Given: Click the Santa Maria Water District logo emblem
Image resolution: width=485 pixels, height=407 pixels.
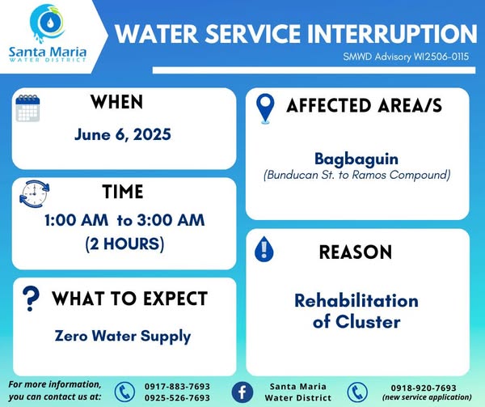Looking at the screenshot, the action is (48, 23).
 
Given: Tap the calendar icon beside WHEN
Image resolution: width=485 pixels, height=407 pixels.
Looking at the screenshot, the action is (27, 108).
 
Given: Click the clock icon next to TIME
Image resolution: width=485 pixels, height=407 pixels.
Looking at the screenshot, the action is (34, 194).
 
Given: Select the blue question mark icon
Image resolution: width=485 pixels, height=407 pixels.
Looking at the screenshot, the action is (31, 299).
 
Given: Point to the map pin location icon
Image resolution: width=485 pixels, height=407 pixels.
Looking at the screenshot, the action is (265, 108).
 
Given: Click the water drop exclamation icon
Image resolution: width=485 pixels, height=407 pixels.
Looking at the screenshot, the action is (264, 249).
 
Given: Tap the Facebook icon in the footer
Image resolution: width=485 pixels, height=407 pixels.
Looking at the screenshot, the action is (242, 392).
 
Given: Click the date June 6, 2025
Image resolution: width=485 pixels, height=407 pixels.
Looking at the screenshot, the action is (123, 134).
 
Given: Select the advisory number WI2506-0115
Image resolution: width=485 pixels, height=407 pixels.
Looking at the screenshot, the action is (441, 57).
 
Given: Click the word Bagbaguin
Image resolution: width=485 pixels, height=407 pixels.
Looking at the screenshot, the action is (356, 159).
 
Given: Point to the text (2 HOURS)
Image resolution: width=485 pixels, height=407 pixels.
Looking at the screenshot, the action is (124, 244).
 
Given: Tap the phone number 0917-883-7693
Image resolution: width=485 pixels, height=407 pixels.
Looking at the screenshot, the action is (178, 386).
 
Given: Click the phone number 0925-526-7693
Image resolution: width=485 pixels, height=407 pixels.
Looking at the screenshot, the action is (178, 397).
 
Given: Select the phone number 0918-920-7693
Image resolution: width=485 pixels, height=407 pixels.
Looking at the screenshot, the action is (424, 388).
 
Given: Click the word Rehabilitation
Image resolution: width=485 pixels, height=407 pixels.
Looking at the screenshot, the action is (356, 300).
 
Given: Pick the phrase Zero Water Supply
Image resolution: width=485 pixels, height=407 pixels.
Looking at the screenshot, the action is (123, 337).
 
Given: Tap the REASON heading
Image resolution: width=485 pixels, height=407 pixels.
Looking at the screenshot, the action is (356, 252).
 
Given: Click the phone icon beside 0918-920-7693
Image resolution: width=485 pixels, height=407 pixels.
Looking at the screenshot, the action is (357, 392).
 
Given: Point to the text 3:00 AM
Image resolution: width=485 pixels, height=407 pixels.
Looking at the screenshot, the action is (171, 220).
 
